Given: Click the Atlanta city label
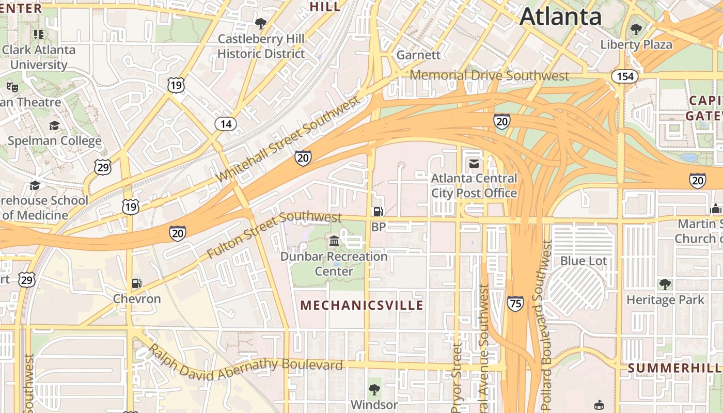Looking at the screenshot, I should [x=560, y=17].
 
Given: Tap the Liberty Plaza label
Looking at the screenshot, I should [x=636, y=44].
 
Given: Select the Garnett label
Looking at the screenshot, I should [x=418, y=55].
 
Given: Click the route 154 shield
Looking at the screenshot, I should [x=625, y=76].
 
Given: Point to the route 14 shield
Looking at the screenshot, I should [x=226, y=124].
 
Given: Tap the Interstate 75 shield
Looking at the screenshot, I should [x=515, y=303].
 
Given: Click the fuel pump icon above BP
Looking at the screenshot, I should [x=379, y=211].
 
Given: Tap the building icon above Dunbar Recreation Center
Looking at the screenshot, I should [x=334, y=241].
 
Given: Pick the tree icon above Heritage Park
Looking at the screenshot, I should [x=665, y=284].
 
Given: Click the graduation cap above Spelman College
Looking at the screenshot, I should [x=54, y=126].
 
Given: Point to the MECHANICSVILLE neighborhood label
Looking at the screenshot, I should [x=361, y=305].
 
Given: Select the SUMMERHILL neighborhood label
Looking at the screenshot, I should [x=674, y=368].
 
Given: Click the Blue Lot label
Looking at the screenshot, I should [x=584, y=261].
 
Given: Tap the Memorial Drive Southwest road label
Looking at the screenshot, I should [x=489, y=76].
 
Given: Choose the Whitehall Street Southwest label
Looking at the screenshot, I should [x=288, y=139].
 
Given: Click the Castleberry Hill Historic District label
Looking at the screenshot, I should [x=261, y=46].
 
